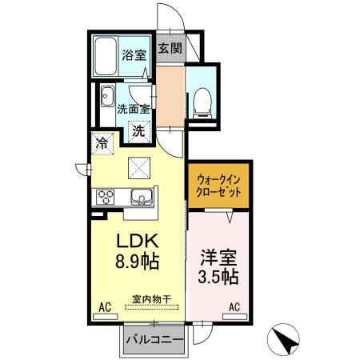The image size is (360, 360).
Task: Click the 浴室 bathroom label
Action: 134,56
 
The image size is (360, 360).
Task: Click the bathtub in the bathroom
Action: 106,56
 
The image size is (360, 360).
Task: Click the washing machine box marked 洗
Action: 138,130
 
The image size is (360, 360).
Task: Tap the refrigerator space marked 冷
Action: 102,145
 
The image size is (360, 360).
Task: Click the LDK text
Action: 140,239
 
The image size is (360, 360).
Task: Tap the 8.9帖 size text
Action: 141,261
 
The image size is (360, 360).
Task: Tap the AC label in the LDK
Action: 105,306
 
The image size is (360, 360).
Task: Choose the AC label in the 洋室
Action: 235,306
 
